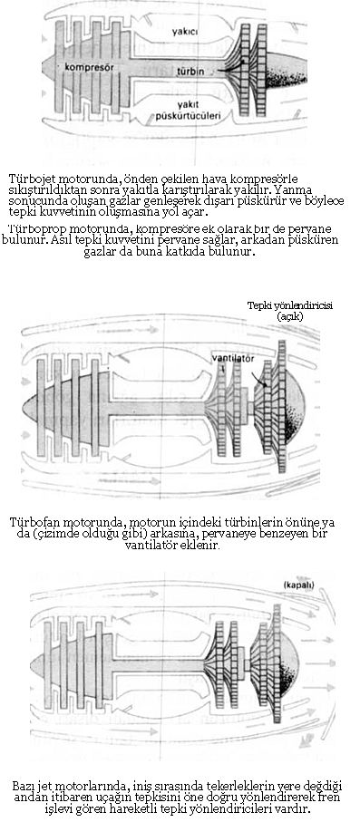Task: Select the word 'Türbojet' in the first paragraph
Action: coord(34,178)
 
